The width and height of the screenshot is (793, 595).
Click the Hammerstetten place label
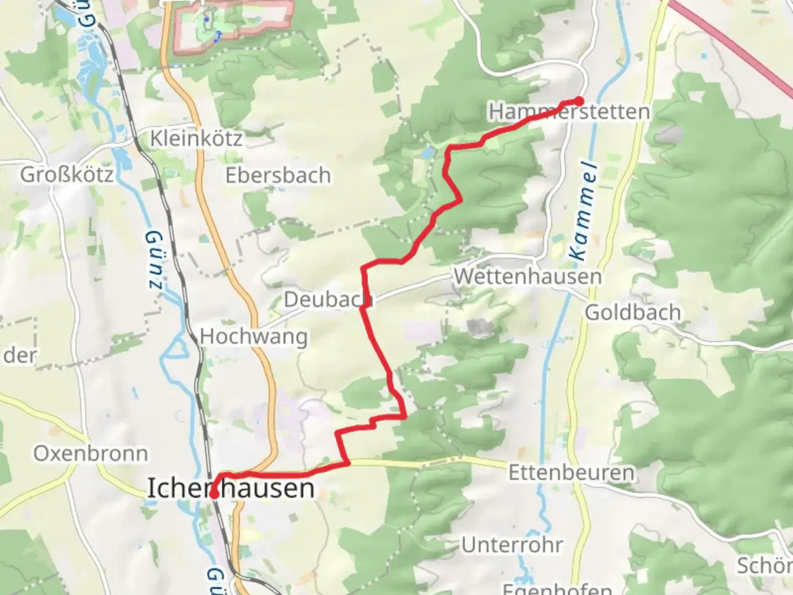click(x=569, y=112)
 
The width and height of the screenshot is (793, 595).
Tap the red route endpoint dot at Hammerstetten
click(x=579, y=101)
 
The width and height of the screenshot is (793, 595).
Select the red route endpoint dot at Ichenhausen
click(x=213, y=495)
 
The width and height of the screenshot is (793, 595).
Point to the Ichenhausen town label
click(x=231, y=489)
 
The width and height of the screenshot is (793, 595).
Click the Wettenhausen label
click(x=527, y=276)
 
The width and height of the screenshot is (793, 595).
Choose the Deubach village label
click(x=328, y=300)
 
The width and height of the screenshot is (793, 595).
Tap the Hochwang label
click(x=253, y=336)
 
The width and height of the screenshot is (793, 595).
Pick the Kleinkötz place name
click(x=196, y=138)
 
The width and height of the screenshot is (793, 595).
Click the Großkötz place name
click(x=67, y=175)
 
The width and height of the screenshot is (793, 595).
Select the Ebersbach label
click(x=278, y=175)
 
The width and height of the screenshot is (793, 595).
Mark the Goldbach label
click(x=633, y=312)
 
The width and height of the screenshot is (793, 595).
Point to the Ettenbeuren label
click(x=571, y=473)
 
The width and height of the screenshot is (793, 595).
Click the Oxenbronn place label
click(x=91, y=453)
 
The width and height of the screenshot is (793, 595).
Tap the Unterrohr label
click(x=512, y=545)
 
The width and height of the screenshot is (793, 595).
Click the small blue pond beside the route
click(x=428, y=152)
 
